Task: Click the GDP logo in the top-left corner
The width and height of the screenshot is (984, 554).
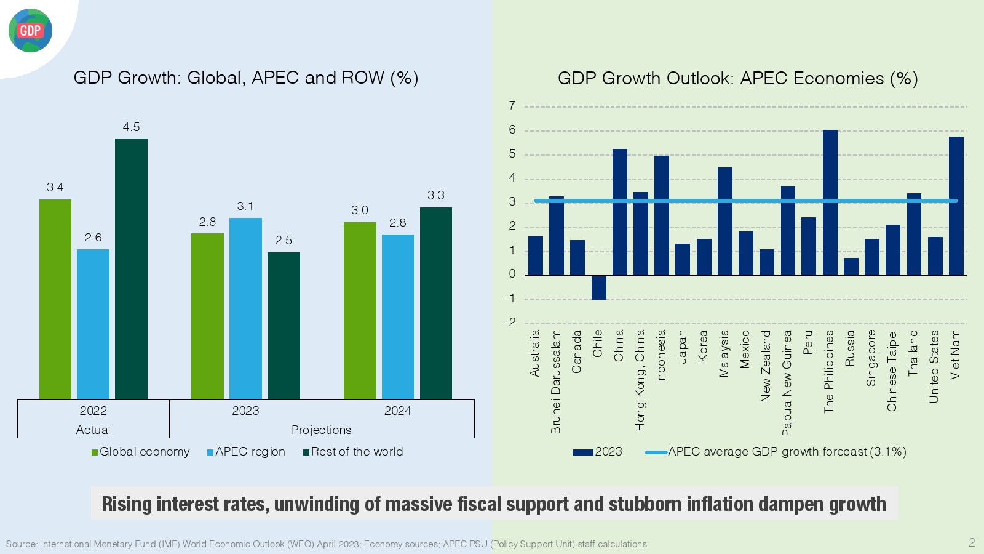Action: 30,31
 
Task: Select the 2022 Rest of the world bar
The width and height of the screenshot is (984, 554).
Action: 131,268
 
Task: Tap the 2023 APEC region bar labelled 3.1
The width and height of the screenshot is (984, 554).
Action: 245,308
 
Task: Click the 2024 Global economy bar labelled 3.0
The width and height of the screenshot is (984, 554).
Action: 360,310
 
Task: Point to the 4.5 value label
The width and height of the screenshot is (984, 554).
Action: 131,127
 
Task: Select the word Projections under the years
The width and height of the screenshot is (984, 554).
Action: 321,430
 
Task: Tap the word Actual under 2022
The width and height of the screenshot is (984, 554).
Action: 93,430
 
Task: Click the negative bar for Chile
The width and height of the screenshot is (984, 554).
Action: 598,287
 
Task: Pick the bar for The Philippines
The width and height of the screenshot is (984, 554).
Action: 830,203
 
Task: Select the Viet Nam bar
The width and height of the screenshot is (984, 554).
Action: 956,206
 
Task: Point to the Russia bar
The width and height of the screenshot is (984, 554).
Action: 851,267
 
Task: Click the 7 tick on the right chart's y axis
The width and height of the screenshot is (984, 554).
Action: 512,106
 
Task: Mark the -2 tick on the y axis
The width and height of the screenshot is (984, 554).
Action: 510,323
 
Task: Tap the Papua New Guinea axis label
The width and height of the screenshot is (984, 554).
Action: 787,383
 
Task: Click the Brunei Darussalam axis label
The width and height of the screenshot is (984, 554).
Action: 556,382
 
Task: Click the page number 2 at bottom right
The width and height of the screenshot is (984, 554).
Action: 972,542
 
